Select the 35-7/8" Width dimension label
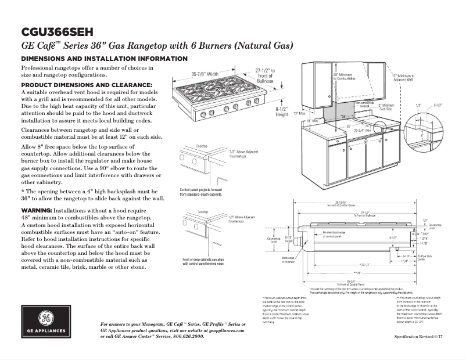tap(205, 74)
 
